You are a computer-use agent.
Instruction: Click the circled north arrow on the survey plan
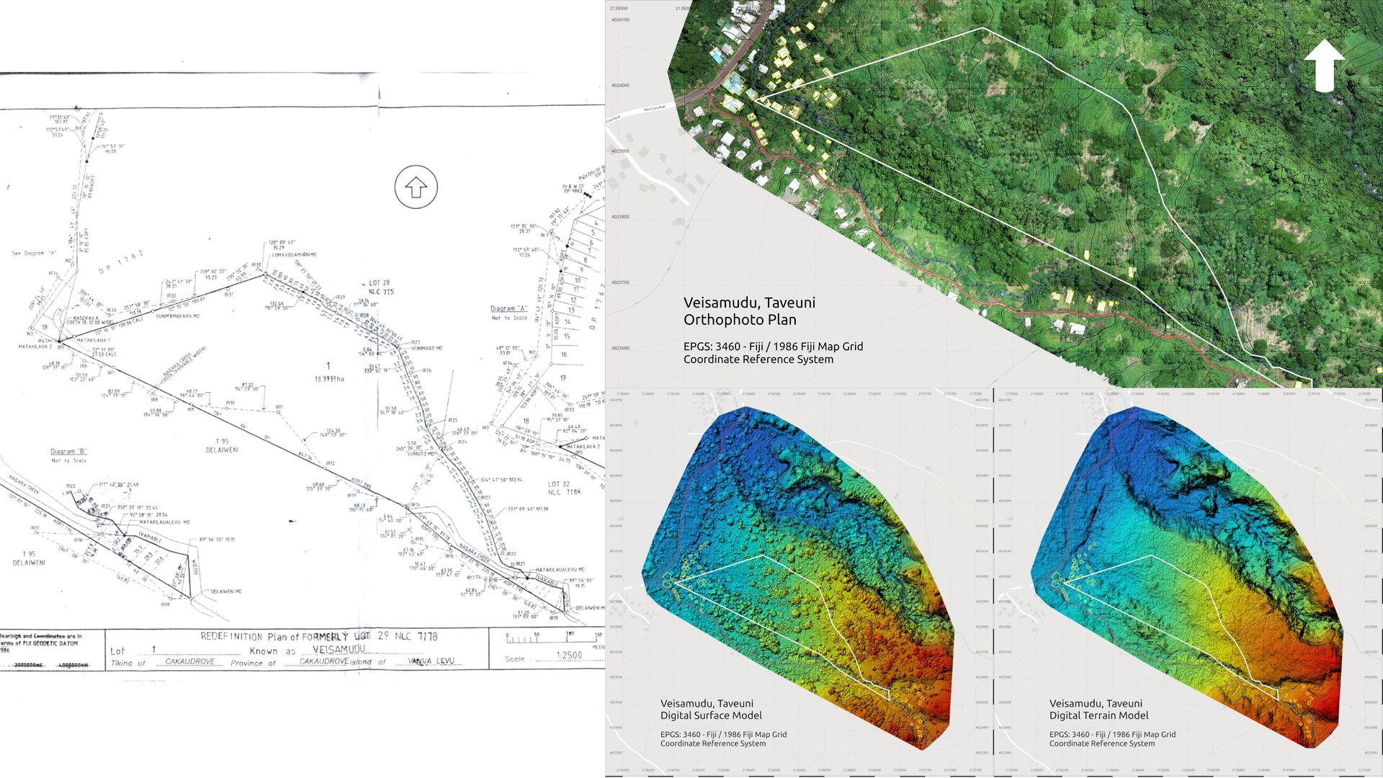(x=416, y=187)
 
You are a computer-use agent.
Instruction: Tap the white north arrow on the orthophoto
(x=1325, y=66)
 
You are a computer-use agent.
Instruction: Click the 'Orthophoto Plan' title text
(x=740, y=320)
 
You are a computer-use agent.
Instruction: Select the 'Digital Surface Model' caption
(x=711, y=715)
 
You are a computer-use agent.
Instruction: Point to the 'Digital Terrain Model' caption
(x=1098, y=715)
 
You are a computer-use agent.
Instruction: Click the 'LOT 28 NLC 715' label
(x=381, y=287)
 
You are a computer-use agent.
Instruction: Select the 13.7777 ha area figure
(x=328, y=379)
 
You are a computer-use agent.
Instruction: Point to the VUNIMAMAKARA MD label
(x=178, y=316)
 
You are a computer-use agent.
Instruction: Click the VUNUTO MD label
(x=421, y=454)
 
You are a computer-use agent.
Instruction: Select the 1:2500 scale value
(x=569, y=656)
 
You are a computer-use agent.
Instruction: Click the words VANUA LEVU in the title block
(x=431, y=661)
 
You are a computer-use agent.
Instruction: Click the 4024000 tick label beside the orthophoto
(x=619, y=86)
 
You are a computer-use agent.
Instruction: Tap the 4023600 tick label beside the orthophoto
(x=619, y=349)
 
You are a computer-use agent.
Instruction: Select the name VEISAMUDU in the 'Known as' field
(x=339, y=650)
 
